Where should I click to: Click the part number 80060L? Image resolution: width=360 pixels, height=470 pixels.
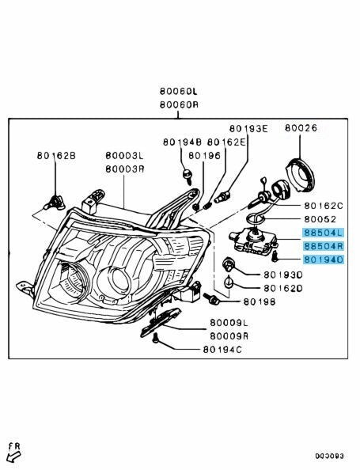coord(179,91)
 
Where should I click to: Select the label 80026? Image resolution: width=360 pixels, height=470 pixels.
coord(301,128)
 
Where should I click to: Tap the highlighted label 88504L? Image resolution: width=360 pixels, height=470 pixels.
coord(324,233)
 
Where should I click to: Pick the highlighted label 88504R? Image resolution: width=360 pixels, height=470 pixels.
coord(324,246)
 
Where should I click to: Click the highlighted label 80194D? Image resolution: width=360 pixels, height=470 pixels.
coord(324,260)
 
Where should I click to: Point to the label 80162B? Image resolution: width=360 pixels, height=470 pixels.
coord(56,156)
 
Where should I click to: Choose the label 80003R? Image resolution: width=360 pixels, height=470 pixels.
coord(125,169)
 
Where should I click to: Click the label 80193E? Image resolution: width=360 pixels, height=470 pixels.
coord(248,129)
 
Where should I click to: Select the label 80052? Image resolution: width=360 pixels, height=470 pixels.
coord(320,219)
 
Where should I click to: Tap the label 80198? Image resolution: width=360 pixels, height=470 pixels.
coord(260,301)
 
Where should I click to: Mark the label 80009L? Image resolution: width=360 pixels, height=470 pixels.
coord(229,323)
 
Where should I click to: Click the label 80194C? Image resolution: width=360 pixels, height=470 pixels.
coord(222,350)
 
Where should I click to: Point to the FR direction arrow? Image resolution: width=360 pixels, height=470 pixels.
coord(13,457)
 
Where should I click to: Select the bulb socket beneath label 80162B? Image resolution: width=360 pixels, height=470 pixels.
coord(55,203)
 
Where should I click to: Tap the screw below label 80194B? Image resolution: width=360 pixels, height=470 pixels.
coord(188,176)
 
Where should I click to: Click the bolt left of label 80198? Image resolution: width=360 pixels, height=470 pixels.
coord(211,298)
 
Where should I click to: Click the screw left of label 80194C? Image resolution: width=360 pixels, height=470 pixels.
coord(155,338)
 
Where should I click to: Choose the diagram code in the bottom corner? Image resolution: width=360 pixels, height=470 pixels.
coord(329,457)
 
